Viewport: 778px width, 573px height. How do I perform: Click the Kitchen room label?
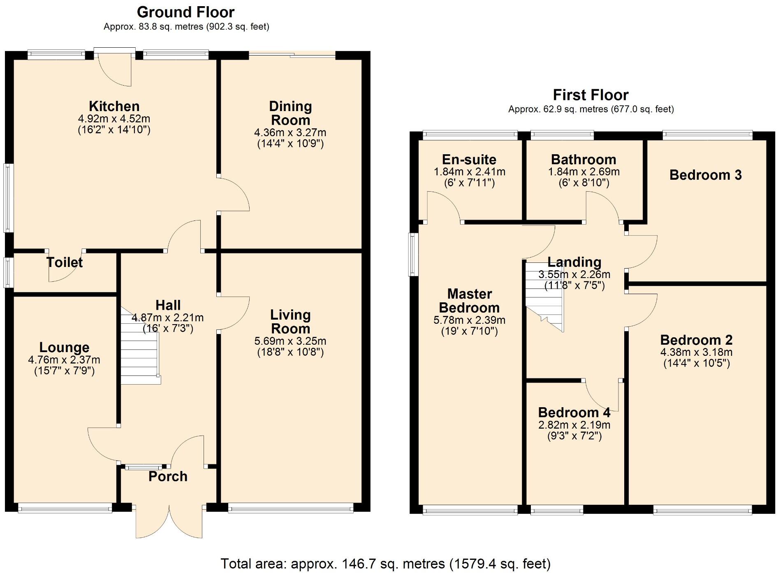pyautogui.click(x=114, y=106)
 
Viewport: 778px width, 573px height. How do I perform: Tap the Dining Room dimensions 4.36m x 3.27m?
pyautogui.click(x=290, y=132)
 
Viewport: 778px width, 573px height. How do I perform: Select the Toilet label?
pyautogui.click(x=65, y=262)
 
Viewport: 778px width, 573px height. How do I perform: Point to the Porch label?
pyautogui.click(x=168, y=476)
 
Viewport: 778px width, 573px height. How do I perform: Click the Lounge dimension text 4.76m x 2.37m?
pyautogui.click(x=64, y=360)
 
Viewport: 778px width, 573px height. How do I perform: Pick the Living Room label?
pyautogui.click(x=290, y=322)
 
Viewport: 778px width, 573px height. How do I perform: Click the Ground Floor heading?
pyautogui.click(x=186, y=12)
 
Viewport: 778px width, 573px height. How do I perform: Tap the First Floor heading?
pyautogui.click(x=591, y=95)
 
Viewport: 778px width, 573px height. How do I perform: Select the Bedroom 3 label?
pyautogui.click(x=706, y=175)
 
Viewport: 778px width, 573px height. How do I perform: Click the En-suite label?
pyautogui.click(x=469, y=160)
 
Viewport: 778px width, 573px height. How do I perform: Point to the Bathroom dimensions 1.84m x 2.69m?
pyautogui.click(x=584, y=172)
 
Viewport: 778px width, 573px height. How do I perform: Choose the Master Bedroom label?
pyautogui.click(x=470, y=301)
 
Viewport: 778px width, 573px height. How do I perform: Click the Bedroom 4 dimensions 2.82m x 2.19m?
pyautogui.click(x=574, y=425)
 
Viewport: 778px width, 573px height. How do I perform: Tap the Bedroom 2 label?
pyautogui.click(x=697, y=340)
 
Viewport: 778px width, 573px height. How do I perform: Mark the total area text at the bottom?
pyautogui.click(x=386, y=563)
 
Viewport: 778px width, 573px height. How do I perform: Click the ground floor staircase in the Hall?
pyautogui.click(x=140, y=346)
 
